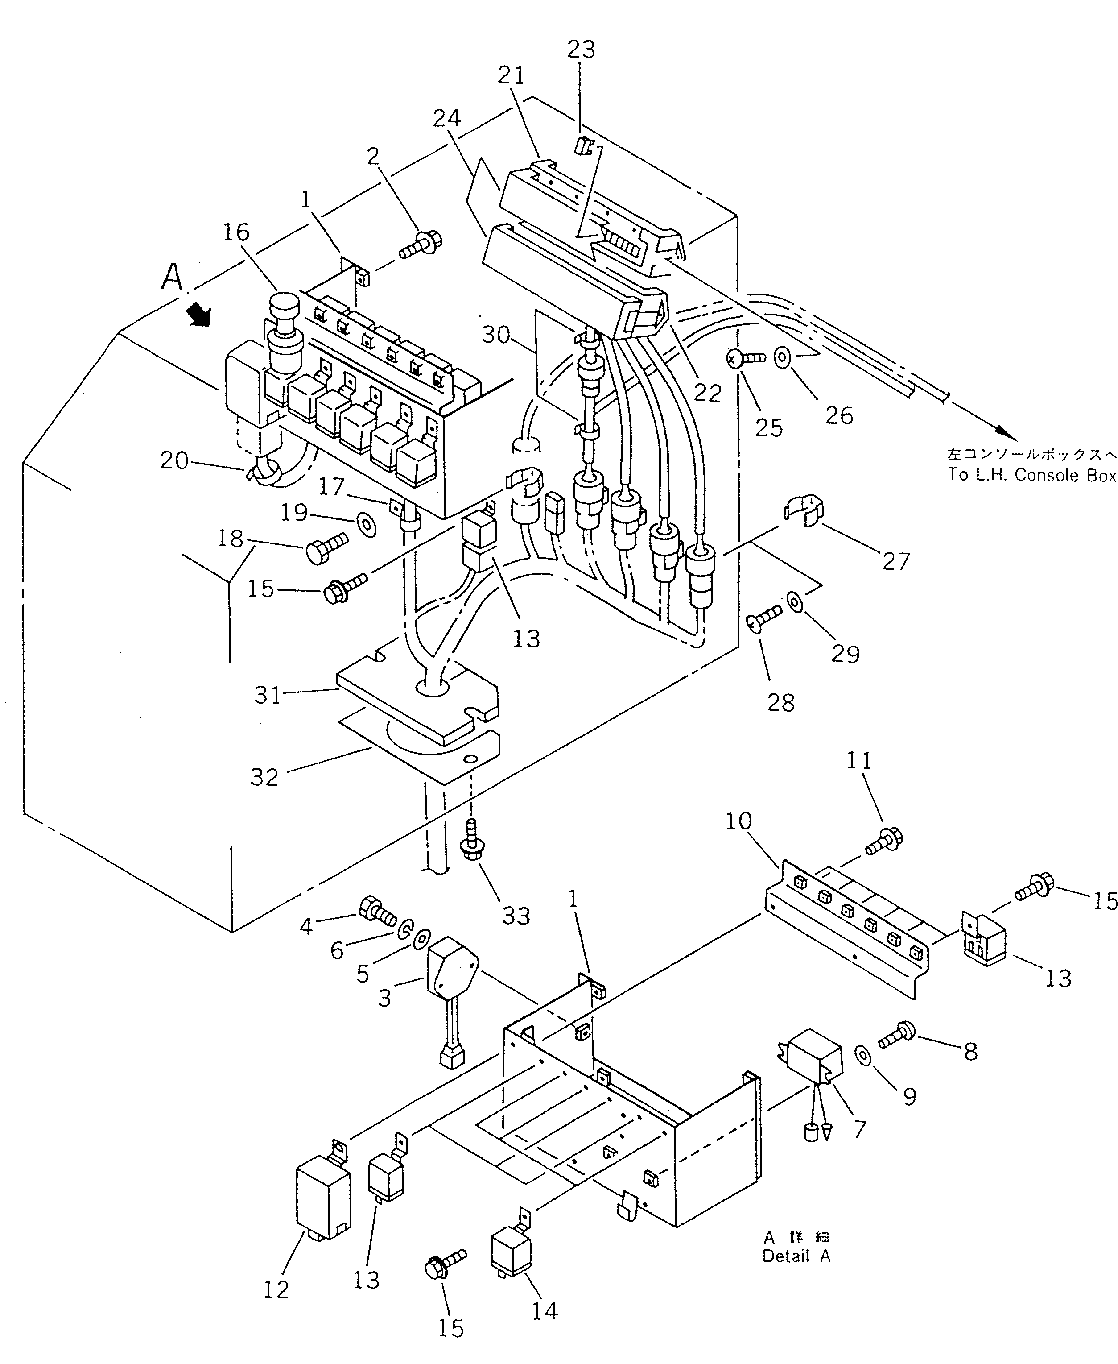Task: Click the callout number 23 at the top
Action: coord(581,50)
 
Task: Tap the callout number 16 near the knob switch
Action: coord(236,232)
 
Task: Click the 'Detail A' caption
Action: coord(796,1256)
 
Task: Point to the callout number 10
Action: coord(738,821)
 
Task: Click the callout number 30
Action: coord(496,336)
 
